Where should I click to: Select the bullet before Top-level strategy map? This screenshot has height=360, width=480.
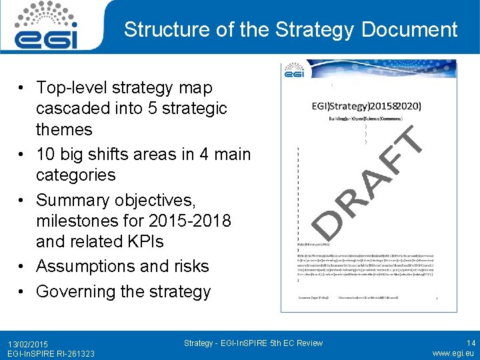pos(23,88)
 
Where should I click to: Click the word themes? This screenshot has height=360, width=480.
pos(64,129)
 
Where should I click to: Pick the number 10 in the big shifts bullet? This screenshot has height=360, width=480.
pos(45,154)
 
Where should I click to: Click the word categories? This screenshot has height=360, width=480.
pos(75,175)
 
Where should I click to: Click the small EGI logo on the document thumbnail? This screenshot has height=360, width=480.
pos(294,71)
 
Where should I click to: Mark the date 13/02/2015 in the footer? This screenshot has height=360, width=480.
pos(28,343)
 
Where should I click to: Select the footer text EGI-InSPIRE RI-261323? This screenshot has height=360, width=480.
pos(47,353)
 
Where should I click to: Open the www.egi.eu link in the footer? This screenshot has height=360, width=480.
pos(453,353)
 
